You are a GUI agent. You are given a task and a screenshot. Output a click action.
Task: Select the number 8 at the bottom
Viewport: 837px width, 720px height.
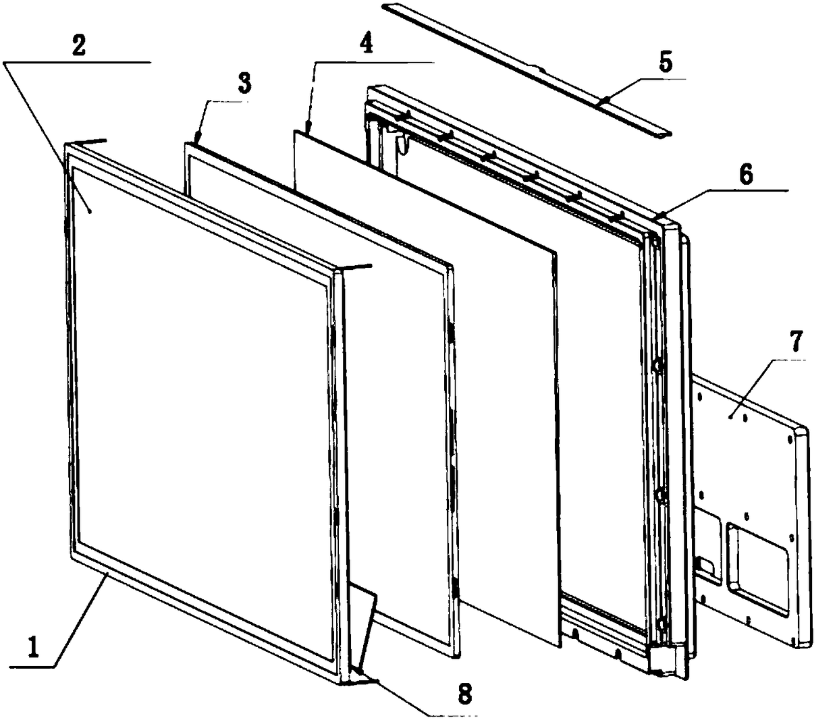[x=464, y=693]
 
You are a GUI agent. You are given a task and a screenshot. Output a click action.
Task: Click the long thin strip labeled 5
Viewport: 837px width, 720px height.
[x=526, y=67]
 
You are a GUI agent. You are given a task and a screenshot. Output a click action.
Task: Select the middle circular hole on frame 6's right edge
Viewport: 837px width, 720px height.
[x=658, y=497]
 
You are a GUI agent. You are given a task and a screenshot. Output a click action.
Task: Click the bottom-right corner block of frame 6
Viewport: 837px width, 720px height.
[x=664, y=661]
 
